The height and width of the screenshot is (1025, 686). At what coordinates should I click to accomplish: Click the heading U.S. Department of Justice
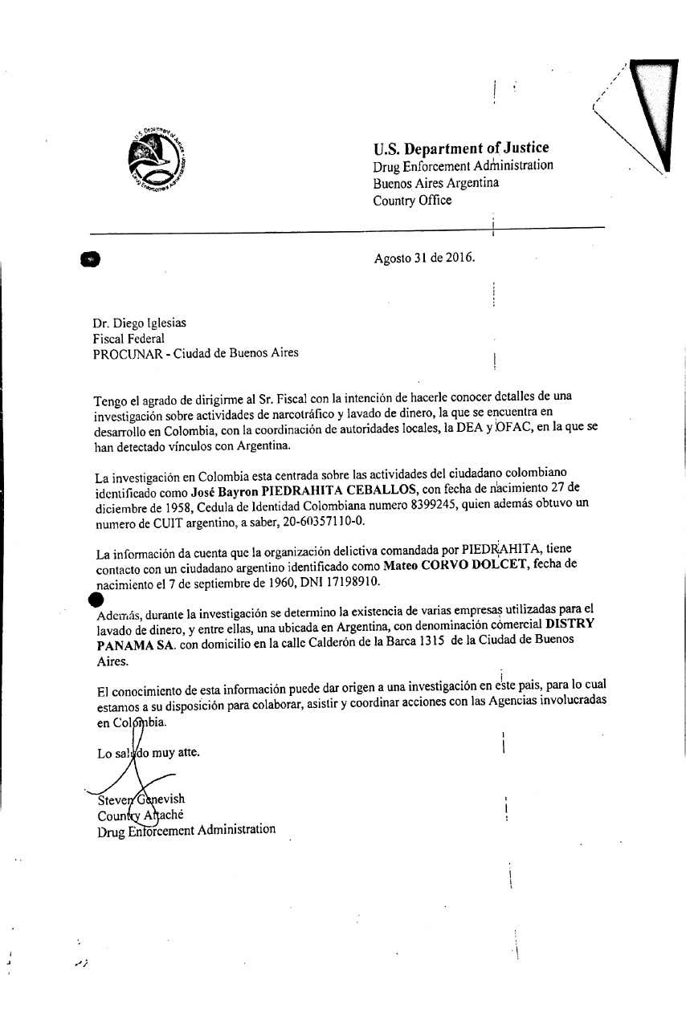pos(460,148)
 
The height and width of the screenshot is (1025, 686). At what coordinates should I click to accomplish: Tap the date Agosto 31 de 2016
pos(424,258)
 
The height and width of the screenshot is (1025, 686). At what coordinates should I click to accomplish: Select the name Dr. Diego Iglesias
pos(139,323)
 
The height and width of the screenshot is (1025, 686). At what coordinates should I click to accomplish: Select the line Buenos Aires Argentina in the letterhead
pos(435,183)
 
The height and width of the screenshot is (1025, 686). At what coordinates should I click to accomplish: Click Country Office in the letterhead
pos(411,201)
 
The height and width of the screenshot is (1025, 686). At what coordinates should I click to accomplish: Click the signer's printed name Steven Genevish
pos(141,799)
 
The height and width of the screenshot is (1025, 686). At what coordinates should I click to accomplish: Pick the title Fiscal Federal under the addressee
pos(128,338)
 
